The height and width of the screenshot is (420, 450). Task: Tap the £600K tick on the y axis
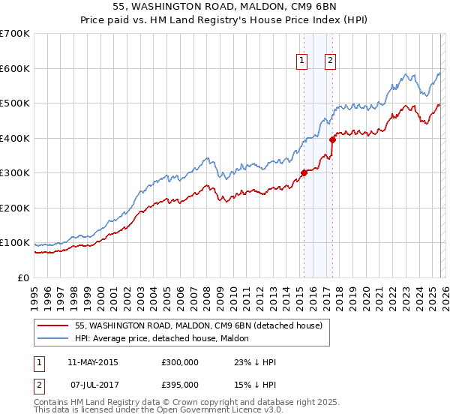tap(15, 68)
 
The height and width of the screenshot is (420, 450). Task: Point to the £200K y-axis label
tap(15, 208)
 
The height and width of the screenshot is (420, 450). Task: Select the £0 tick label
tap(22, 277)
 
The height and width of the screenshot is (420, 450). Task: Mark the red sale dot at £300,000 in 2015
tap(304, 172)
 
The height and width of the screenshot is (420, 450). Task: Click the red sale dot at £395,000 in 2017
tap(332, 139)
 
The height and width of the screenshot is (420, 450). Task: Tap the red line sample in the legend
tap(53, 325)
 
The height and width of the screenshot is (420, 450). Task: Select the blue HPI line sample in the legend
tap(53, 338)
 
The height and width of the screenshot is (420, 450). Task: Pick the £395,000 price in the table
tap(180, 384)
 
